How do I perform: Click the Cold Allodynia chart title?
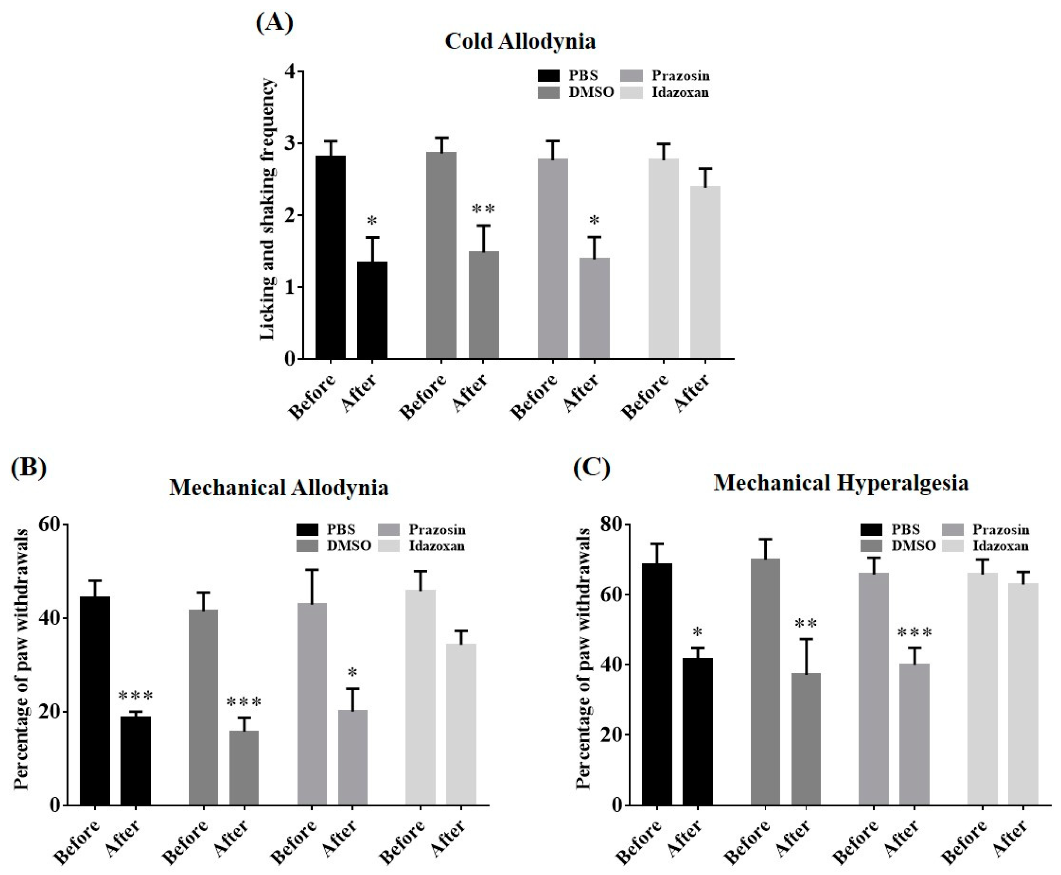click(520, 41)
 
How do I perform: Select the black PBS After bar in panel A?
click(372, 310)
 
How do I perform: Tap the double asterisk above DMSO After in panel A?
click(483, 209)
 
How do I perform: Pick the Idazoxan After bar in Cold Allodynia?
click(705, 272)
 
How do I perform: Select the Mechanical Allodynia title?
click(279, 487)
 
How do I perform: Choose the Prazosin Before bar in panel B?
click(312, 704)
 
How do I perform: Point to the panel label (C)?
click(591, 468)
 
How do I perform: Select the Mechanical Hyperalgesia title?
click(840, 483)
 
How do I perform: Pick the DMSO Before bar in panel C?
click(765, 681)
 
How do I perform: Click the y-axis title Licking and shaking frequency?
click(268, 209)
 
